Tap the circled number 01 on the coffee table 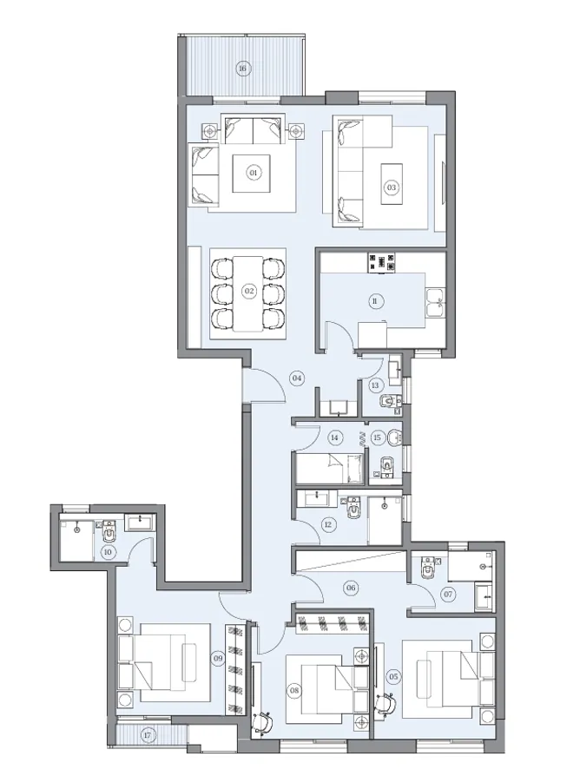pos(254,173)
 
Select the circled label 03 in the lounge pos(392,187)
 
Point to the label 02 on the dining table pos(248,291)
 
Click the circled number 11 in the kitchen pos(374,301)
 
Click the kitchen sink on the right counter pos(433,303)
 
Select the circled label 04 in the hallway pos(296,378)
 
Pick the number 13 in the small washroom pos(375,385)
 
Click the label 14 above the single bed pos(334,438)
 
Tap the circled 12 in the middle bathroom pos(327,523)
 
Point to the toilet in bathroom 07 pos(426,568)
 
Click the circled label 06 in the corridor pos(351,588)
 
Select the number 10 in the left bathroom pos(109,551)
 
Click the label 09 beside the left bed pos(218,659)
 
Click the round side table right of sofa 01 pos(297,131)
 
